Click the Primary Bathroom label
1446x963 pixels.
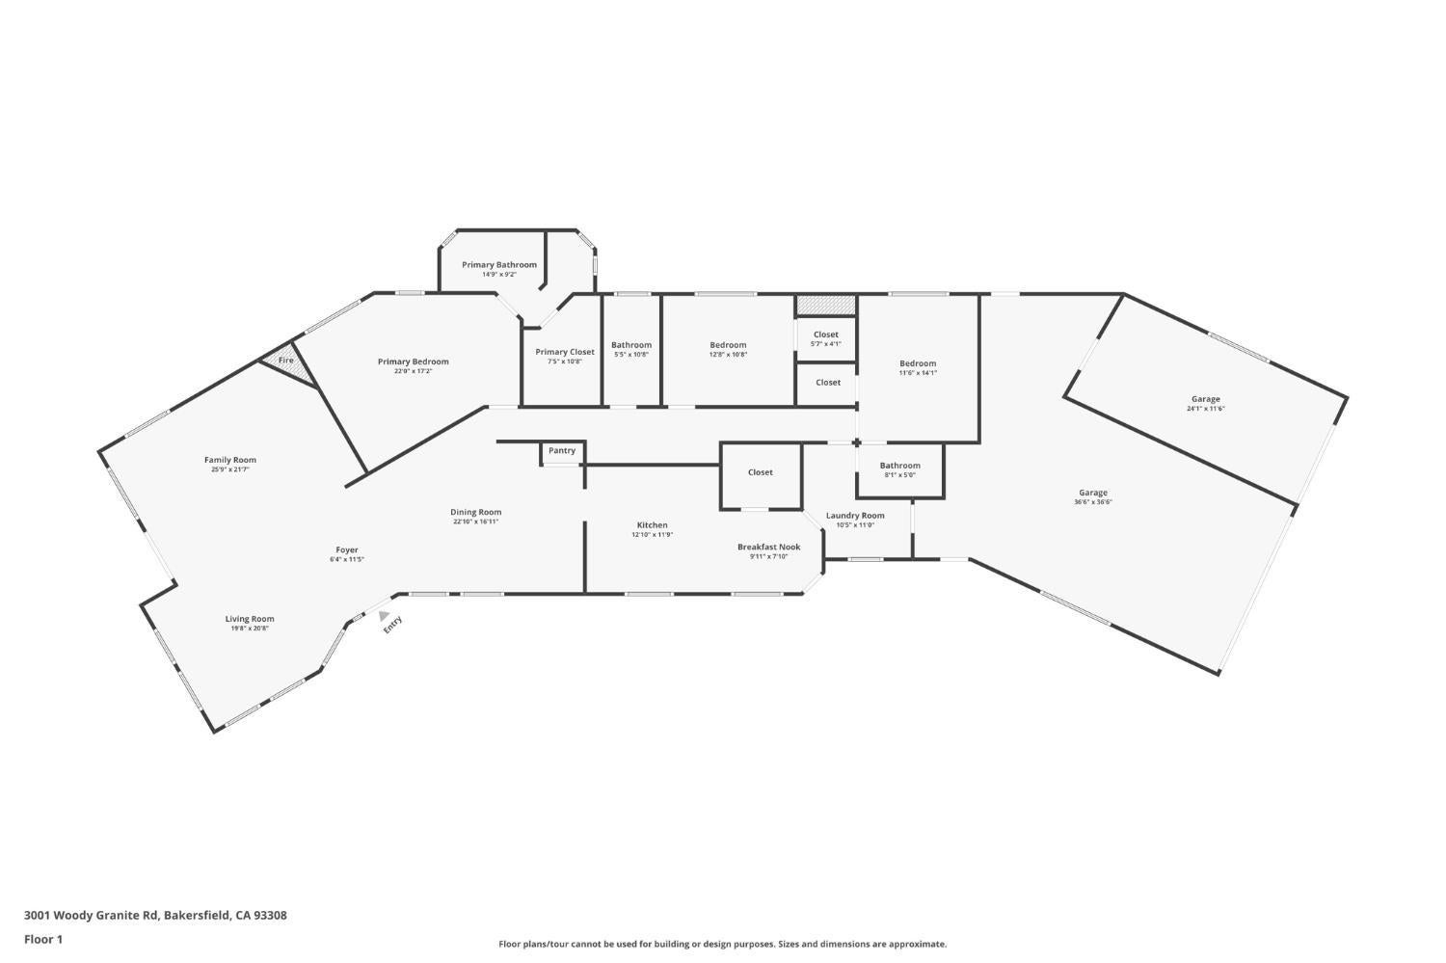(498, 265)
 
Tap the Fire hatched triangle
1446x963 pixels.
(290, 363)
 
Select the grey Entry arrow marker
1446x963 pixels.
(384, 616)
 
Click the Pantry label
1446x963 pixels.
(562, 450)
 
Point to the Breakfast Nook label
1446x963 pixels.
(768, 547)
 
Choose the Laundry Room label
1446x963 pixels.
(854, 516)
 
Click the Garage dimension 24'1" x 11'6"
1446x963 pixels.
(1205, 409)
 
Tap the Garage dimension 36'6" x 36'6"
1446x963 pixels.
(1093, 502)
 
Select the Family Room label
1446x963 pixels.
(230, 460)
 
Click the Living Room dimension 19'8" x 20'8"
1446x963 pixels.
(250, 629)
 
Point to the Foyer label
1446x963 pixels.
(347, 549)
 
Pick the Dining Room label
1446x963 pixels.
(475, 512)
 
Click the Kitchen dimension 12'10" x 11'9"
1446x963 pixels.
(652, 535)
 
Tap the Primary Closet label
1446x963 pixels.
(565, 352)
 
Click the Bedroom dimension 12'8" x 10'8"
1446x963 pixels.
(728, 355)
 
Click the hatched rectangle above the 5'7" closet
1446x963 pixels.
(825, 305)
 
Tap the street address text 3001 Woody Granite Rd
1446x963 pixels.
(93, 916)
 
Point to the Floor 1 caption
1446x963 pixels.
(43, 939)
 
